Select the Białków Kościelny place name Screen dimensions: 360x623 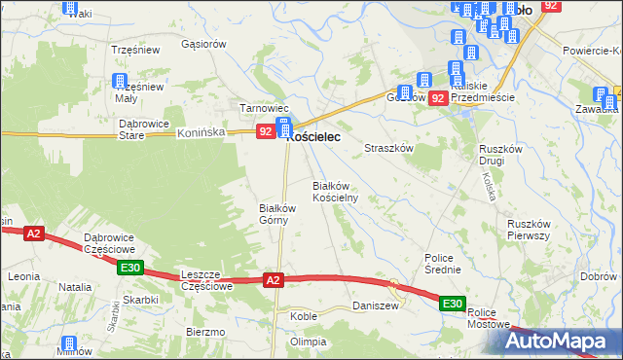tap(336, 191)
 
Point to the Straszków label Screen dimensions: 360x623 tap(389, 148)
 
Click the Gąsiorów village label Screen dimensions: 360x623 tap(203, 44)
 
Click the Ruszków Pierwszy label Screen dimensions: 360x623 tap(531, 230)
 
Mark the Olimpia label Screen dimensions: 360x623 tap(308, 342)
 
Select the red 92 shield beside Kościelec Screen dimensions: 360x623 tap(265, 130)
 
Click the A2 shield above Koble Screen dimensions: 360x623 tap(274, 280)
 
